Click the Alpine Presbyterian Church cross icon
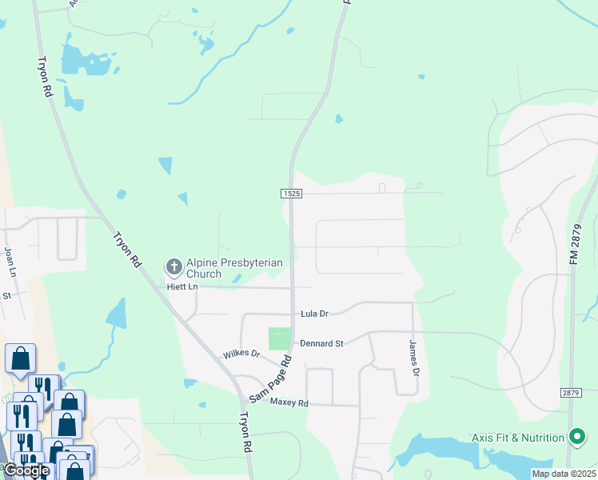(x=173, y=266)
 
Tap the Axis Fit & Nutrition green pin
(x=576, y=437)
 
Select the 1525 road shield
(x=291, y=194)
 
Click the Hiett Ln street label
(x=181, y=286)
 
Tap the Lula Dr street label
(x=314, y=314)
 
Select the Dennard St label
(x=321, y=343)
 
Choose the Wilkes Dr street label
(x=241, y=354)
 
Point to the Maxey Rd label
(x=289, y=402)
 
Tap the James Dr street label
(x=414, y=358)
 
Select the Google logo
(x=26, y=470)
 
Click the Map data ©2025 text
(x=564, y=474)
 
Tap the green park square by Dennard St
(x=280, y=338)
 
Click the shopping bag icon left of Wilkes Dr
(x=21, y=358)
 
